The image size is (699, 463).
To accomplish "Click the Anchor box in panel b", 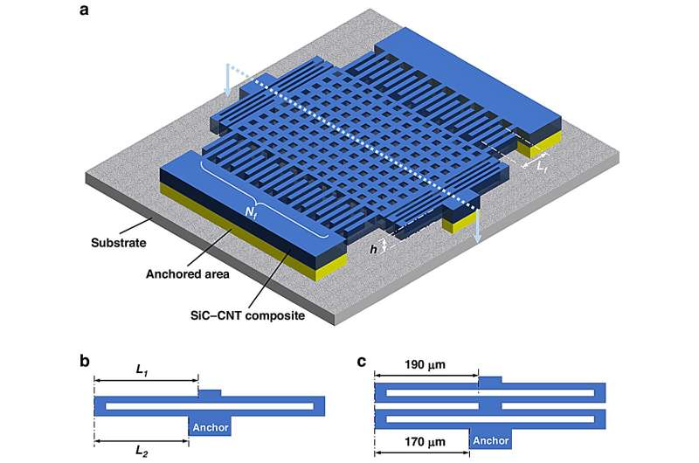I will (x=211, y=426).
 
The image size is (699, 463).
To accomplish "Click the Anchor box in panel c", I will (x=489, y=442).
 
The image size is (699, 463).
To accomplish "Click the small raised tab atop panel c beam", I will (x=490, y=380).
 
